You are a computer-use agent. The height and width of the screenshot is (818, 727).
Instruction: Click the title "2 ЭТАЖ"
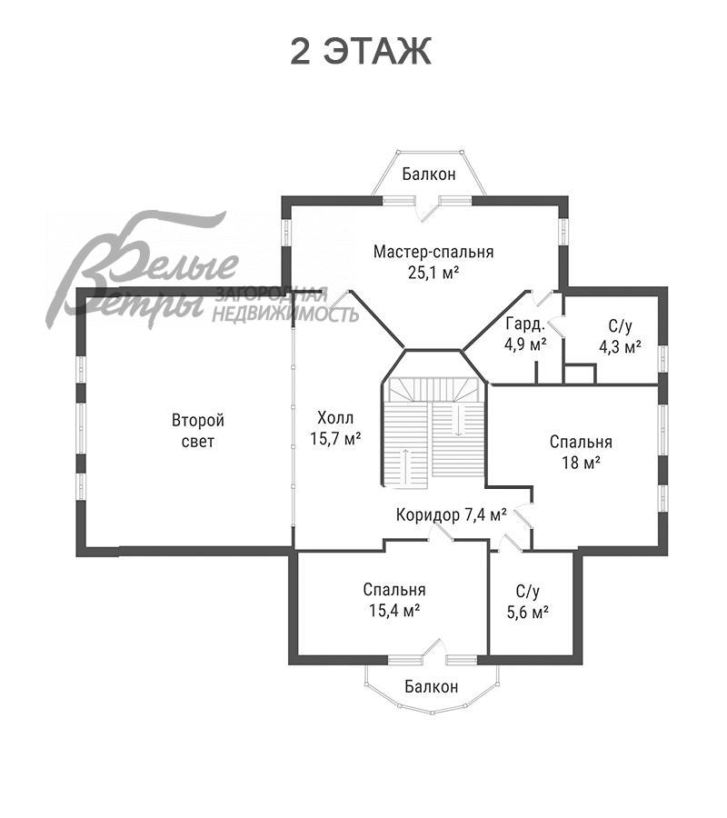361,51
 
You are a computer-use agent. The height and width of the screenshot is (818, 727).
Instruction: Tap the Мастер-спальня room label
433,252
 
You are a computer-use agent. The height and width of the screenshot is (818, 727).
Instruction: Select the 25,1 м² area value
433,273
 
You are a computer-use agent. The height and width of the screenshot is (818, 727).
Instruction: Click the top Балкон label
429,175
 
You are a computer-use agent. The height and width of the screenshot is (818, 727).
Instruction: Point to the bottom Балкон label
432,686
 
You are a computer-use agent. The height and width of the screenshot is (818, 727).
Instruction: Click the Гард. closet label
525,324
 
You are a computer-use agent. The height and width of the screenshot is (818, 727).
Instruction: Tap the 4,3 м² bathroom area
620,347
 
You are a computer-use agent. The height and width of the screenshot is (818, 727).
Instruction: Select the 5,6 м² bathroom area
528,612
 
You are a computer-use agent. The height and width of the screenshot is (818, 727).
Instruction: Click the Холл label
335,418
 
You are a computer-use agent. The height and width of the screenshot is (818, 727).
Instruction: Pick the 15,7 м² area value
336,439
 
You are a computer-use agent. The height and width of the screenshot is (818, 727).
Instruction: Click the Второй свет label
198,431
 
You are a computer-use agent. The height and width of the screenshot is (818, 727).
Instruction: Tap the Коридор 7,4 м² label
451,515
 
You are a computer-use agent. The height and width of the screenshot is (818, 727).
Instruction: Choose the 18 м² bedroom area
581,463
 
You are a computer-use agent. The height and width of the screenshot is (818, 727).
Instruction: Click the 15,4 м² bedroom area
394,611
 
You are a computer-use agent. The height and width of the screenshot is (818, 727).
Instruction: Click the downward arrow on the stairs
457,420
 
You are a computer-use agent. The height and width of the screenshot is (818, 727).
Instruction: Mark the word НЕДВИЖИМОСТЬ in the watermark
285,314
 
